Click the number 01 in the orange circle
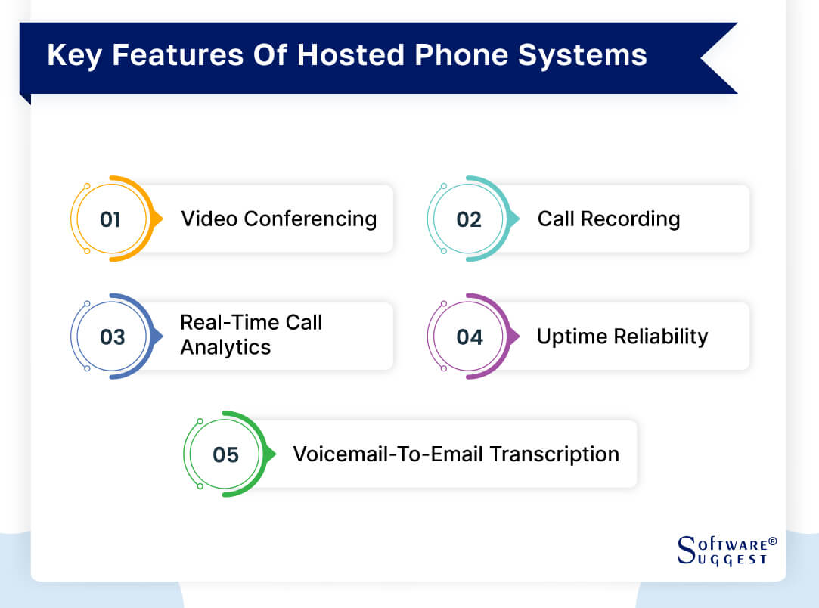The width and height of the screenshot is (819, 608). coord(110,219)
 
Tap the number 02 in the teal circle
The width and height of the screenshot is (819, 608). coord(469,219)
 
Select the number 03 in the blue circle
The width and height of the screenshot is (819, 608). coord(112,337)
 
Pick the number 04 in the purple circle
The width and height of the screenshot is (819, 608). coord(469,337)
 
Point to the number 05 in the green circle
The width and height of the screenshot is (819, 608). coord(225,454)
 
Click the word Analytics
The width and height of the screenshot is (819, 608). coord(225,348)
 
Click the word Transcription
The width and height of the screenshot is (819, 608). coord(554,454)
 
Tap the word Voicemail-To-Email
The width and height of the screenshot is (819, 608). coord(389,454)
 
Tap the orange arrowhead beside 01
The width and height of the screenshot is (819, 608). coord(157,219)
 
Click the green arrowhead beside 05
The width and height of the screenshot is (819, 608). coord(269,454)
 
